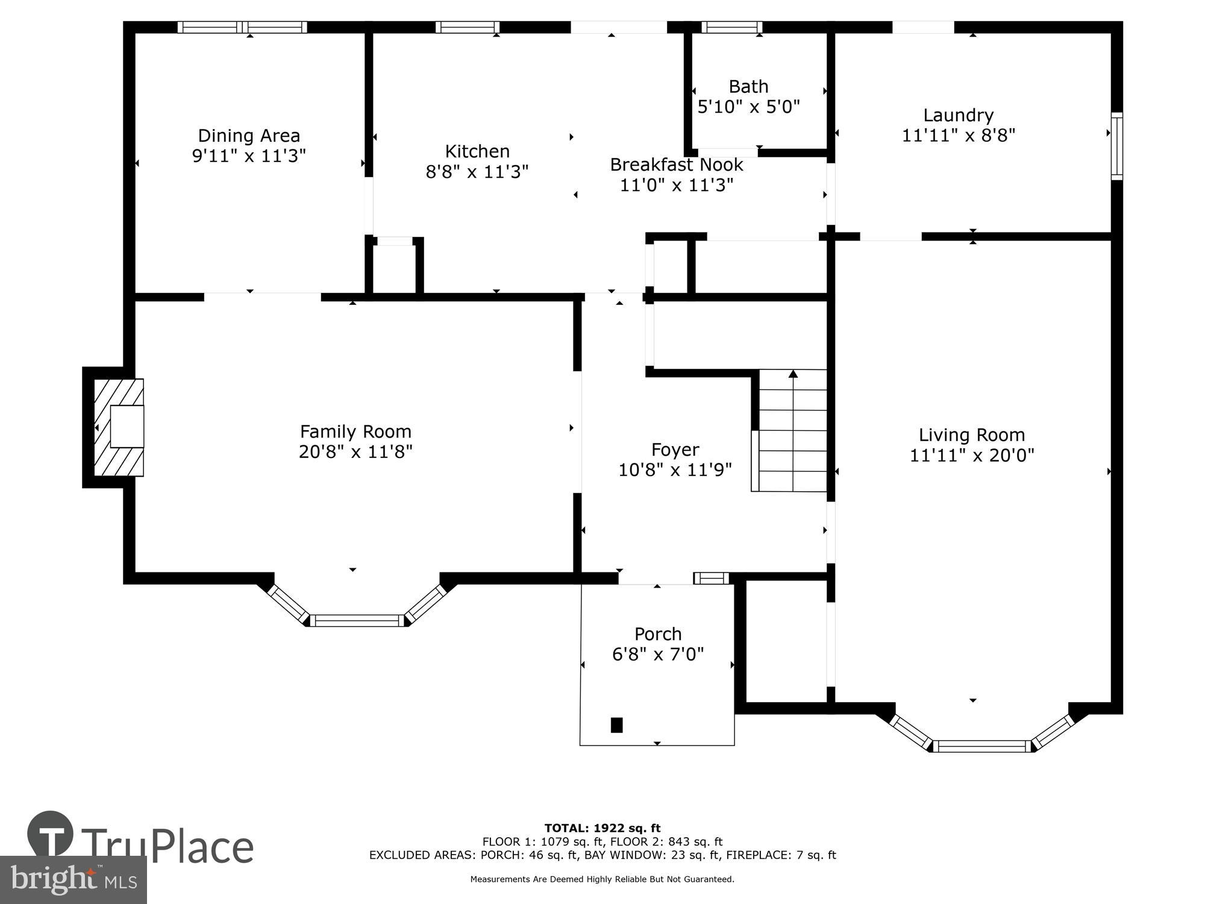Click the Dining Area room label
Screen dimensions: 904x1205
249,136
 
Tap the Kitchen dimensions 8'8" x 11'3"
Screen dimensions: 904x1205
477,172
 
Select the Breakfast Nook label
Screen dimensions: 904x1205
676,165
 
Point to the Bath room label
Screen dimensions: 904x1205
748,87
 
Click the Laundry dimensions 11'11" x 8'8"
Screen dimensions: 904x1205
958,136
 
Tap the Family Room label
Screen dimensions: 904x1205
355,432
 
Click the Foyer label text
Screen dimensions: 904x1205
675,450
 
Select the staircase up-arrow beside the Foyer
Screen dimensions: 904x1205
793,374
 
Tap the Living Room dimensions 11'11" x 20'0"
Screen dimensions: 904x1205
971,456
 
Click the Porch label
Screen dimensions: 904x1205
658,634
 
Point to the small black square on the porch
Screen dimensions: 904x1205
616,724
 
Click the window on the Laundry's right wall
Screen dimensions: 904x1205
1116,146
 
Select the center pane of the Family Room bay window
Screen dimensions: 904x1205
357,620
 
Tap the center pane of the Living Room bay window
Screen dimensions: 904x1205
982,746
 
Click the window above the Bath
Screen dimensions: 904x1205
731,27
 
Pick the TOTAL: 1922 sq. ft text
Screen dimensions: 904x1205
602,828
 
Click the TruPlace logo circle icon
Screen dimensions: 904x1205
50,835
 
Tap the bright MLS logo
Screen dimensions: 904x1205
74,880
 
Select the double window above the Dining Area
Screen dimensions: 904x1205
243,27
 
